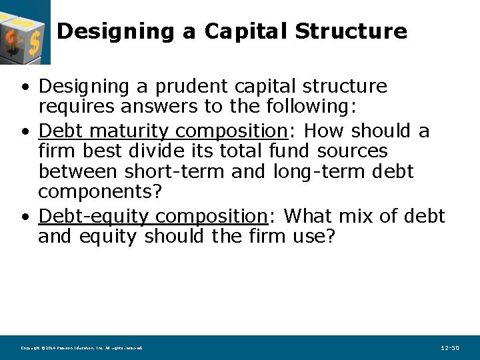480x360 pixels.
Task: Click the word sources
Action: click(352, 151)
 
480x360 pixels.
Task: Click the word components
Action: click(95, 191)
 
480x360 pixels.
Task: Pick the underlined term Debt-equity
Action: click(93, 216)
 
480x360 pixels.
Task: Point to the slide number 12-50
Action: click(450, 348)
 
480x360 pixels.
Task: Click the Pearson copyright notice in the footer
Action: click(81, 348)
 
